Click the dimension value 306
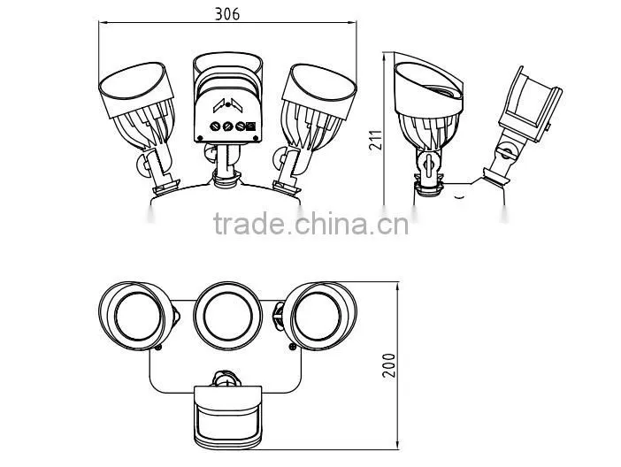(x=227, y=14)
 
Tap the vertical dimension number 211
(x=376, y=140)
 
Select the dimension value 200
(x=389, y=365)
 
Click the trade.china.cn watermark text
(x=310, y=224)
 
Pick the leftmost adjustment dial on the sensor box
(x=215, y=126)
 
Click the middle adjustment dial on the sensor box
(x=227, y=126)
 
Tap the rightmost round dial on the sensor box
(x=240, y=126)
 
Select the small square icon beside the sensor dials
(x=251, y=126)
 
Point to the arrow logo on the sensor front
(x=227, y=105)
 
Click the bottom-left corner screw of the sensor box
(x=200, y=138)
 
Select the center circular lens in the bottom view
(x=227, y=316)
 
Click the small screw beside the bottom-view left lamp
(x=158, y=348)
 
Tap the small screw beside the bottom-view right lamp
(x=293, y=347)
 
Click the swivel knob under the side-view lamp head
(x=428, y=163)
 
